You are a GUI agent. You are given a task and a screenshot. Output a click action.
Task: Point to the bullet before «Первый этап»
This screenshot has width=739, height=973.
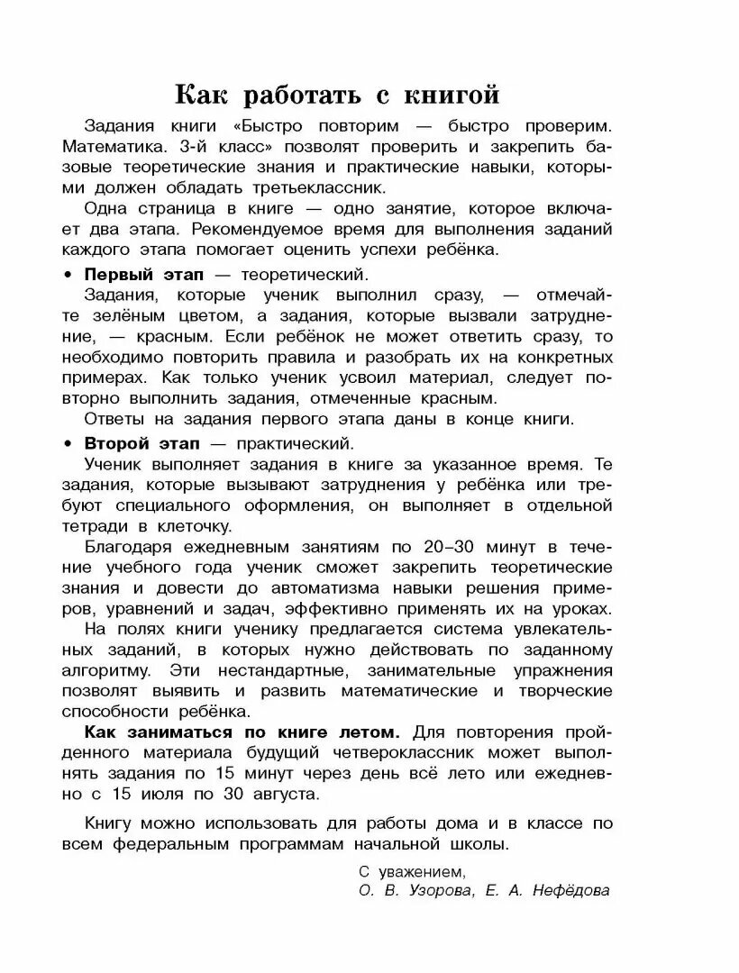pyautogui.click(x=67, y=274)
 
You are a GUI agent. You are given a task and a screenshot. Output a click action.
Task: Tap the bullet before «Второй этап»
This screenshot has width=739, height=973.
pyautogui.click(x=67, y=444)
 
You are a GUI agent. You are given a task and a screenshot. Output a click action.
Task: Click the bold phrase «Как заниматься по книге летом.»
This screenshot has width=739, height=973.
pyautogui.click(x=242, y=732)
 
